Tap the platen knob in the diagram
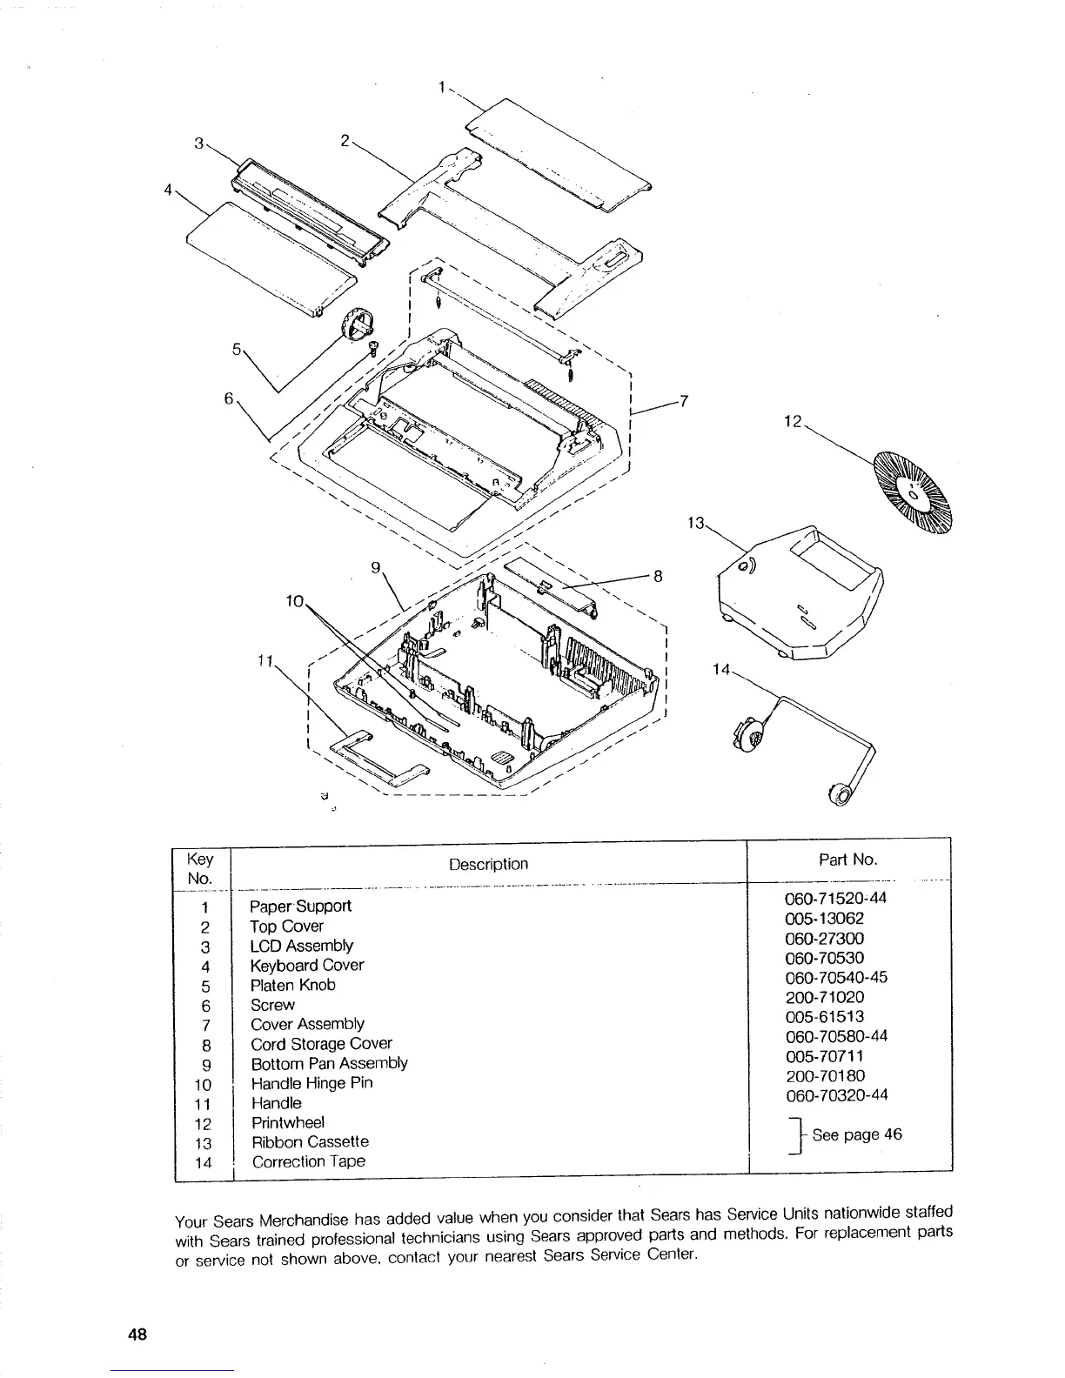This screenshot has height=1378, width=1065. click(356, 325)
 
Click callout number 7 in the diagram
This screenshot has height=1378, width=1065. click(684, 401)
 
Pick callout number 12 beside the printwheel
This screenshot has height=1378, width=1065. click(792, 421)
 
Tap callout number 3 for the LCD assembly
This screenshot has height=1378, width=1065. click(199, 143)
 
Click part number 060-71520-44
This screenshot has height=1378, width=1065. click(829, 899)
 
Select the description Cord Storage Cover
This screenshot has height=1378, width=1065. click(321, 1044)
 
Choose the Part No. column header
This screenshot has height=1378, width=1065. click(847, 860)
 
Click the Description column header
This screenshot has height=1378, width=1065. click(488, 864)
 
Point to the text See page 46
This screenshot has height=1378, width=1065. click(856, 1134)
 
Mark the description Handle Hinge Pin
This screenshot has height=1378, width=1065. click(311, 1083)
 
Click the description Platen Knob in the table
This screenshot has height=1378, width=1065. click(292, 986)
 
